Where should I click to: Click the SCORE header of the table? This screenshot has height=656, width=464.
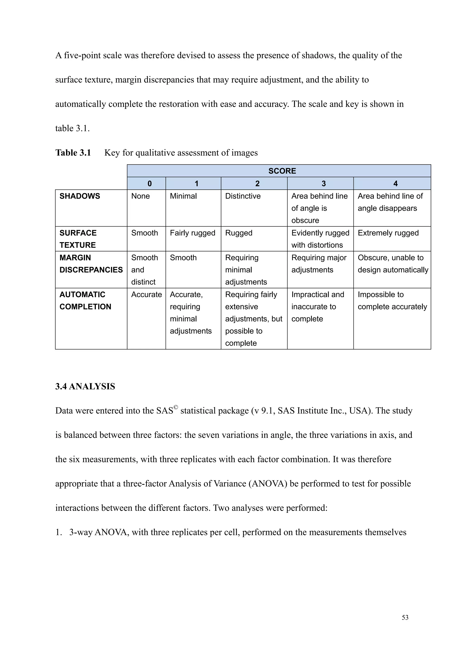[282, 171]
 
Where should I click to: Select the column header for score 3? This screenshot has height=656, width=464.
[324, 183]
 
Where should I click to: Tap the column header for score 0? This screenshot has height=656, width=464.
[150, 183]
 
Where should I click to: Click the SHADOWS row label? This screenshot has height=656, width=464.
[80, 196]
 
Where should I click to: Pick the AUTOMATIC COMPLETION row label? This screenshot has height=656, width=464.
[85, 301]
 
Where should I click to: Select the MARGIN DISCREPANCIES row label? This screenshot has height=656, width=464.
[91, 264]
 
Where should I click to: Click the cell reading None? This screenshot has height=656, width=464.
[140, 196]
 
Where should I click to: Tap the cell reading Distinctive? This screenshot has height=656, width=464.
[243, 196]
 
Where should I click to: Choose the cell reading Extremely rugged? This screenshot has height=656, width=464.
[388, 233]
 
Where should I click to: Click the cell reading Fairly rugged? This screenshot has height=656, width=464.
[192, 233]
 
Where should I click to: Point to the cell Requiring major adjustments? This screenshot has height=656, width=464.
[319, 264]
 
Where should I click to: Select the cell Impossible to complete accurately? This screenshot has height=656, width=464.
[392, 301]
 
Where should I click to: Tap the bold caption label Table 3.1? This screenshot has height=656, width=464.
[73, 153]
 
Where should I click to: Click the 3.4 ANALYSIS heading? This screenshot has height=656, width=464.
[85, 387]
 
